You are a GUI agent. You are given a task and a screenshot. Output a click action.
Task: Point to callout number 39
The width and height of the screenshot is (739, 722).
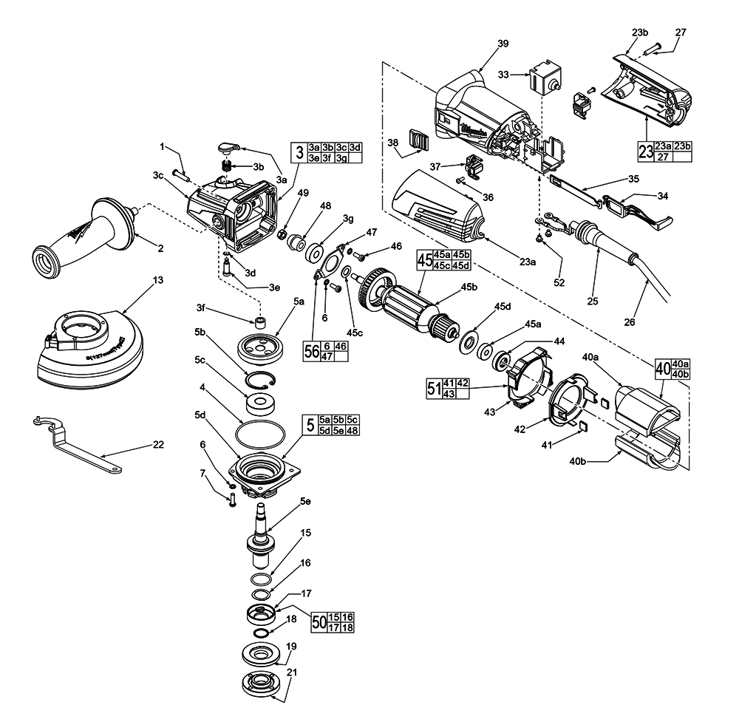(x=503, y=44)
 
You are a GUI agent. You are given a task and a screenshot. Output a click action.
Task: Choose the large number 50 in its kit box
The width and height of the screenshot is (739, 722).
(x=319, y=621)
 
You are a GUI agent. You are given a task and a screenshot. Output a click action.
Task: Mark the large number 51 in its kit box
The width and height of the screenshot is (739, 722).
(x=433, y=388)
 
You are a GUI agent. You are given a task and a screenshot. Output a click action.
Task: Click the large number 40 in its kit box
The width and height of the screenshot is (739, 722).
(x=663, y=368)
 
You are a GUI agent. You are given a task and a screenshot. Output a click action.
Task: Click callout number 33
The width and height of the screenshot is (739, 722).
(x=503, y=75)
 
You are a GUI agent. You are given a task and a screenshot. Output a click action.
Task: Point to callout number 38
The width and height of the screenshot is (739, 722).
(x=392, y=143)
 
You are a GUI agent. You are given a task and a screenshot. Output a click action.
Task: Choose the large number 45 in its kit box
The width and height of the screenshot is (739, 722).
(x=424, y=260)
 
